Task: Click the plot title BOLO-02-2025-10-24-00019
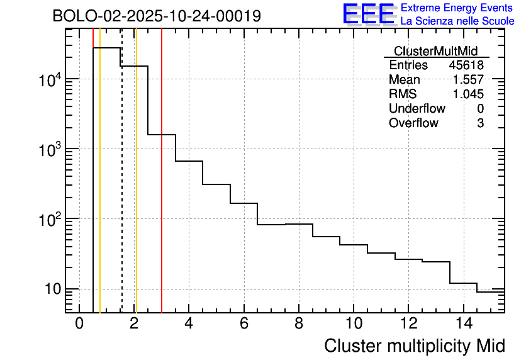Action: pyautogui.click(x=157, y=16)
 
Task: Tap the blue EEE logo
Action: pyautogui.click(x=369, y=14)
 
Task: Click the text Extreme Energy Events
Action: pyautogui.click(x=457, y=8)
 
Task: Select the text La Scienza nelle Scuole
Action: pyautogui.click(x=457, y=21)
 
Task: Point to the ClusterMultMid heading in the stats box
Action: pyautogui.click(x=435, y=51)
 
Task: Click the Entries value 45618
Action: pyautogui.click(x=466, y=65)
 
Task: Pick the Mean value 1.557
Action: pyautogui.click(x=468, y=80)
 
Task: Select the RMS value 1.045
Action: pyautogui.click(x=468, y=94)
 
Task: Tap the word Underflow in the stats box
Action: pyautogui.click(x=417, y=109)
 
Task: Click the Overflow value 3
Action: pyautogui.click(x=480, y=123)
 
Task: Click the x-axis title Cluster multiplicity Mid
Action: pyautogui.click(x=414, y=346)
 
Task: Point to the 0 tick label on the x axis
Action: pyautogui.click(x=79, y=324)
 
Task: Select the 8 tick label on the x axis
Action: pyautogui.click(x=299, y=324)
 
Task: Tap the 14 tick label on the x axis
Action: pyautogui.click(x=463, y=324)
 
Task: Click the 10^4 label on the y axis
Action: pyautogui.click(x=49, y=80)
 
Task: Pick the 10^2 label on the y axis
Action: pyautogui.click(x=49, y=220)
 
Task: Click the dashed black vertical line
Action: pyautogui.click(x=121, y=189)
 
